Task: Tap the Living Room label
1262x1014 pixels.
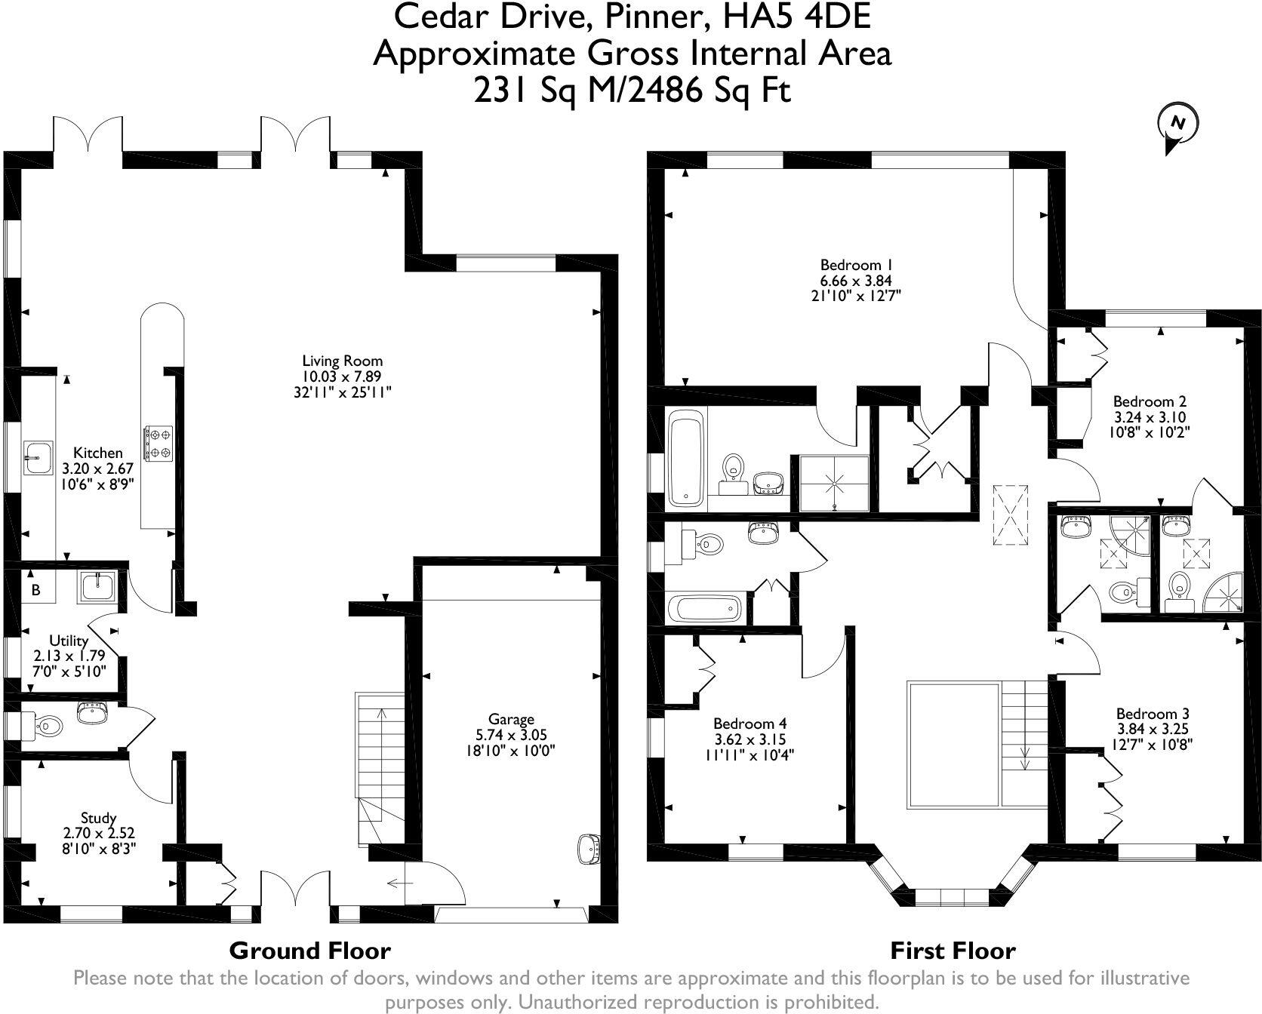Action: (342, 361)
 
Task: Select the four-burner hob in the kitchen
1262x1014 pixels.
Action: (159, 443)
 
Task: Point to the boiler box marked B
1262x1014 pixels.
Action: (35, 590)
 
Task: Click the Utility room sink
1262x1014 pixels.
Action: (97, 585)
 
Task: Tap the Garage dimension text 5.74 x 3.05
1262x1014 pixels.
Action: (511, 735)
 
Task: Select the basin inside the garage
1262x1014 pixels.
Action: (589, 847)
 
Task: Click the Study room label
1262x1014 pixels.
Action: (98, 818)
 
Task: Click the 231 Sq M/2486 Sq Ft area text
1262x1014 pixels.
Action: (632, 91)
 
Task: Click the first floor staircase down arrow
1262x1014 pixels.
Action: (1025, 725)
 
